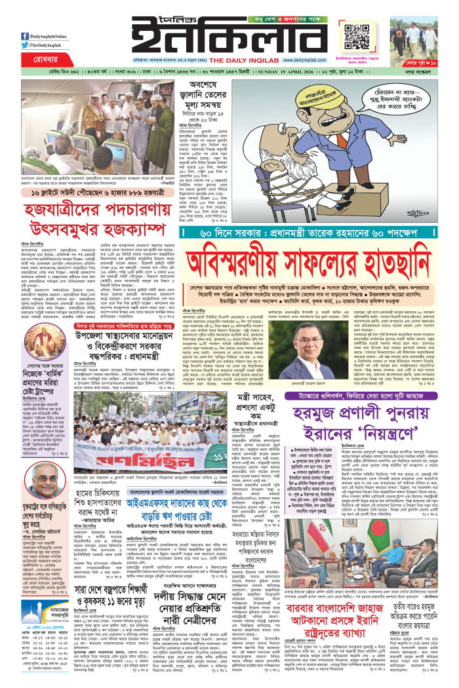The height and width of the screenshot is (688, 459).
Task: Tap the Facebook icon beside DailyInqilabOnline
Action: [x=24, y=36]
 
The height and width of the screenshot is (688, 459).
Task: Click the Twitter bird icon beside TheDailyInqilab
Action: [x=24, y=45]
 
